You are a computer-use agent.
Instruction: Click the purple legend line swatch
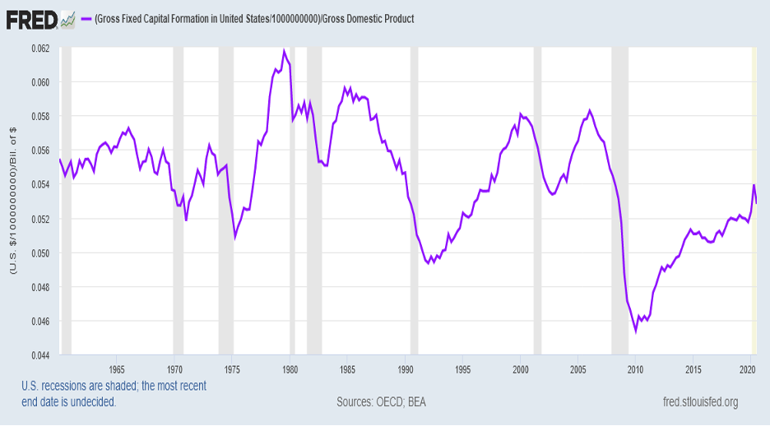point(85,18)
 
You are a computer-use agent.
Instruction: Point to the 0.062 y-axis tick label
point(39,48)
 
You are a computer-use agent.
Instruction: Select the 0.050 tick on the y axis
point(39,252)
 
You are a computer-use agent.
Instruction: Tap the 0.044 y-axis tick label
point(39,355)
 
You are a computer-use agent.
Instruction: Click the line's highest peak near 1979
point(284,51)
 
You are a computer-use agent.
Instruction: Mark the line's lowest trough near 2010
point(635,331)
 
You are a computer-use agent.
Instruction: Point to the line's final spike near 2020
point(754,184)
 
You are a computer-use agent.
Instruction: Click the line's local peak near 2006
point(589,110)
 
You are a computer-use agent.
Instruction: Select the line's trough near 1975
point(235,237)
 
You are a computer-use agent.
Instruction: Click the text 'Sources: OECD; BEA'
point(381,402)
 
